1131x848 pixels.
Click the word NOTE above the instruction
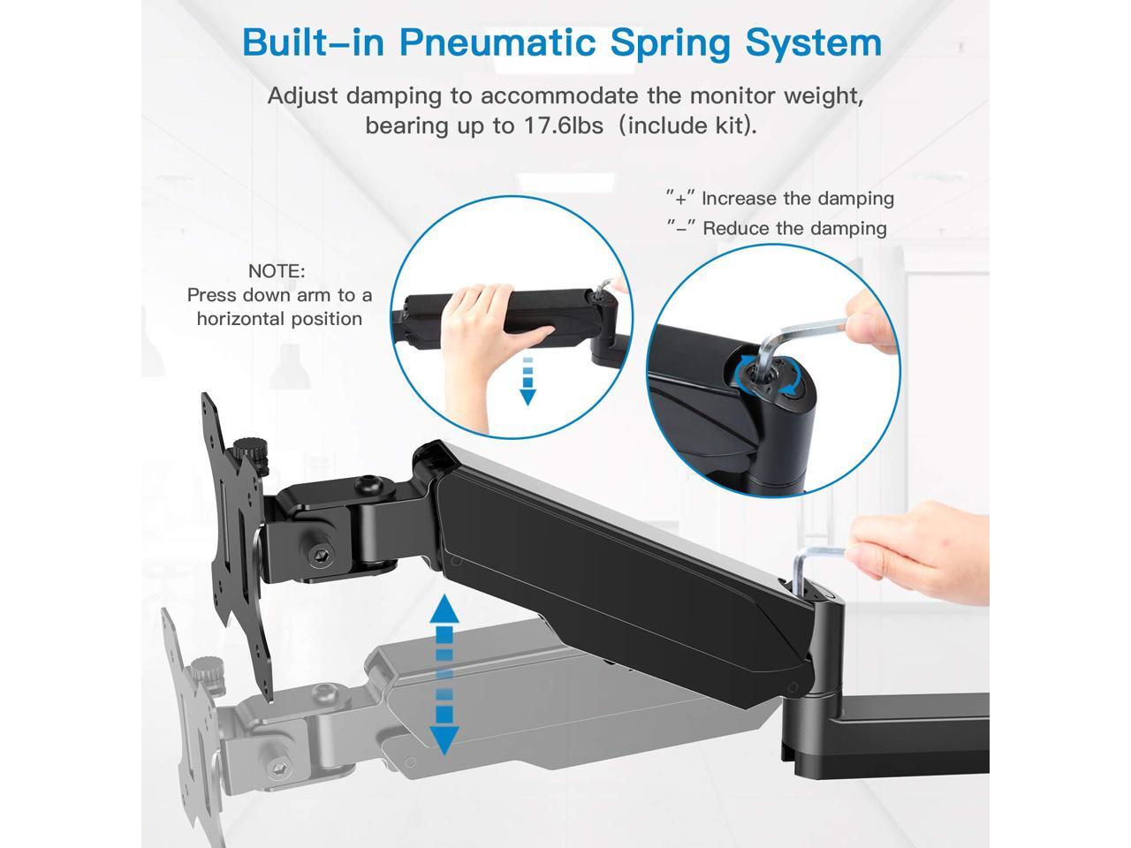point(277,272)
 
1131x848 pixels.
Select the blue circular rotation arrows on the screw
point(762,375)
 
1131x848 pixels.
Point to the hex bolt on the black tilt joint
point(319,556)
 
